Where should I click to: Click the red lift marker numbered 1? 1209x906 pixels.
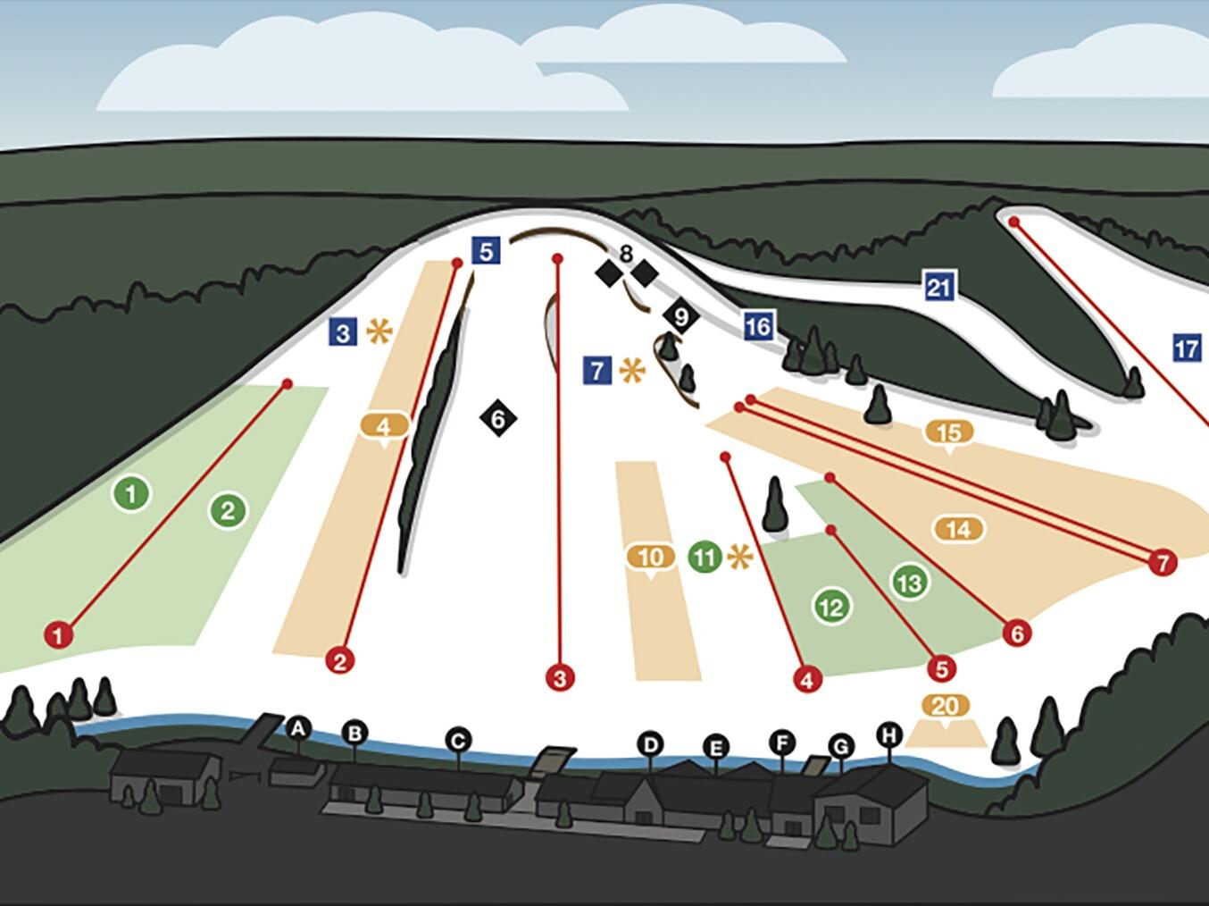(x=59, y=635)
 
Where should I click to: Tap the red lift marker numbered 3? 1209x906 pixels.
(x=560, y=678)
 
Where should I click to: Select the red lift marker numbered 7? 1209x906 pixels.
(x=1163, y=563)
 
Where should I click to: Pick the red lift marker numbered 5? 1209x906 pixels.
(x=941, y=669)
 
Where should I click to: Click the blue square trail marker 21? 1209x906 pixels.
(x=939, y=287)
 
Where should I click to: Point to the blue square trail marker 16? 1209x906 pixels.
(x=758, y=326)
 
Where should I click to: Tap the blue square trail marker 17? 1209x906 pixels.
(x=1187, y=348)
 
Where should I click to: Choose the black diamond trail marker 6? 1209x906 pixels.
(x=498, y=418)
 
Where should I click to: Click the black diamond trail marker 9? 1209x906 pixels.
(x=681, y=316)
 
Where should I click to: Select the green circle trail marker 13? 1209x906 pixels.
(x=910, y=582)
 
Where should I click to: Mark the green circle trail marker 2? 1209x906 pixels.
(x=228, y=511)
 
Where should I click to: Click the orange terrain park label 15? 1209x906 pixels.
(x=949, y=433)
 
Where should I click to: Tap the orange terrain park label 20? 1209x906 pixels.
(x=946, y=707)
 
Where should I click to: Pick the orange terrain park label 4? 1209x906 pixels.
(x=384, y=426)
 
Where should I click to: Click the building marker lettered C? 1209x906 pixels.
(x=458, y=741)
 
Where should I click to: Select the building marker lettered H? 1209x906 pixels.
(x=889, y=735)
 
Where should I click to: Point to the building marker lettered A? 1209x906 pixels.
(x=298, y=728)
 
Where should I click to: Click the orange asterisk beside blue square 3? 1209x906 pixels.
(x=379, y=331)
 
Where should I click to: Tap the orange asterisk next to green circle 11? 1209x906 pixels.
(x=739, y=557)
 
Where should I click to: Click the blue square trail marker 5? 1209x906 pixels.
(x=486, y=251)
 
